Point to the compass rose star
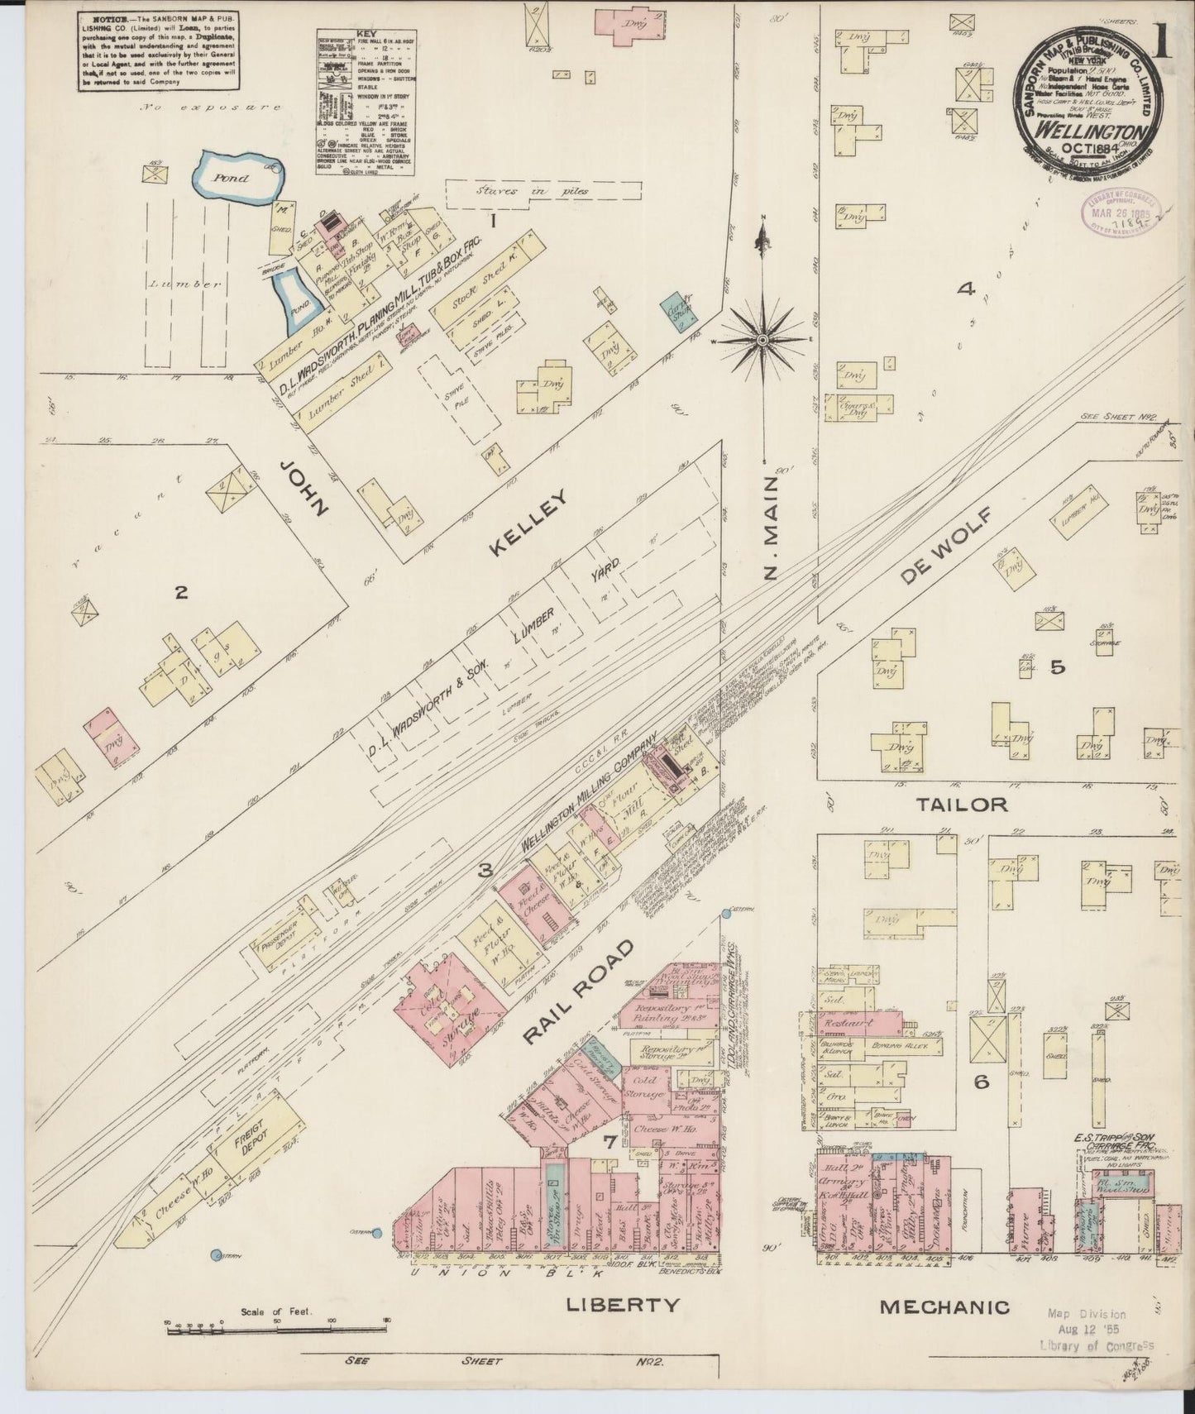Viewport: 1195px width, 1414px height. (762, 339)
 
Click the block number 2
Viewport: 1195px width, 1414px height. (181, 592)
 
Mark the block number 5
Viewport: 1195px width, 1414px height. (1057, 667)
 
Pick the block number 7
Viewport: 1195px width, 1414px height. (608, 1144)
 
